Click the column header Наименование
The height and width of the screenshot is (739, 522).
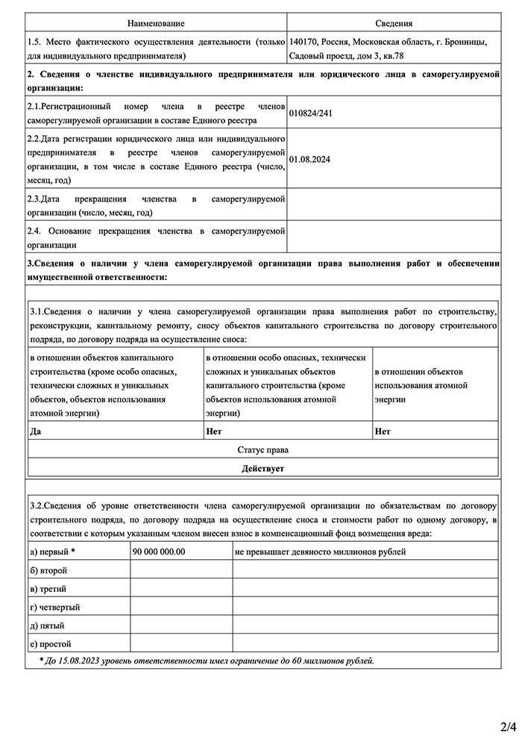coord(156,25)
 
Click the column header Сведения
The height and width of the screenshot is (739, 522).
coord(394,25)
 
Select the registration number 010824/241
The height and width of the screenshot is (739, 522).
coord(309,114)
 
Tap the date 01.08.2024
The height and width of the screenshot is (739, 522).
coord(309,159)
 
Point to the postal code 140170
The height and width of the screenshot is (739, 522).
coord(304,43)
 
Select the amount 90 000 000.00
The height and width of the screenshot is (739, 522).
coord(159,552)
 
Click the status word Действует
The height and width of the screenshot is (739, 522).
coord(262,469)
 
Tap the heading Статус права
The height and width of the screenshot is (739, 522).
coord(262,450)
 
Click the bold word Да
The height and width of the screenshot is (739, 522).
coord(35,431)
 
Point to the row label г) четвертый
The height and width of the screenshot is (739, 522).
coord(54,607)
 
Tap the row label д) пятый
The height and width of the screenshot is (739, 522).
coord(47,625)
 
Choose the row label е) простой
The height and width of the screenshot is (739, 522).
coord(50,643)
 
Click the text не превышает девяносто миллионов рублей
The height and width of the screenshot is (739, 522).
coord(320,552)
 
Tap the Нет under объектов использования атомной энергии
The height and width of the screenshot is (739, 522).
coord(383,431)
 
